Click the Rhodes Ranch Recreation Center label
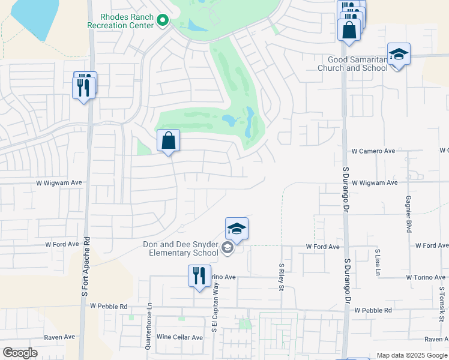[x=119, y=21]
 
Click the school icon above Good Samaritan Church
[x=399, y=55]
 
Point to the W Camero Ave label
[x=373, y=151]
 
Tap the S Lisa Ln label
[x=378, y=263]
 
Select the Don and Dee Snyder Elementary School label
[x=180, y=248]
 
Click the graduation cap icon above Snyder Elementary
[x=237, y=229]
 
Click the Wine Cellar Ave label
[x=179, y=337]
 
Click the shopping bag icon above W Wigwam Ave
[x=169, y=141]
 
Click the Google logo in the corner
[x=20, y=353]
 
